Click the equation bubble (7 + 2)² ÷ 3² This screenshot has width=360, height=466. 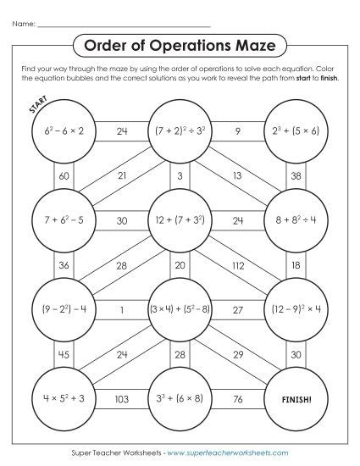[x=180, y=132]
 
